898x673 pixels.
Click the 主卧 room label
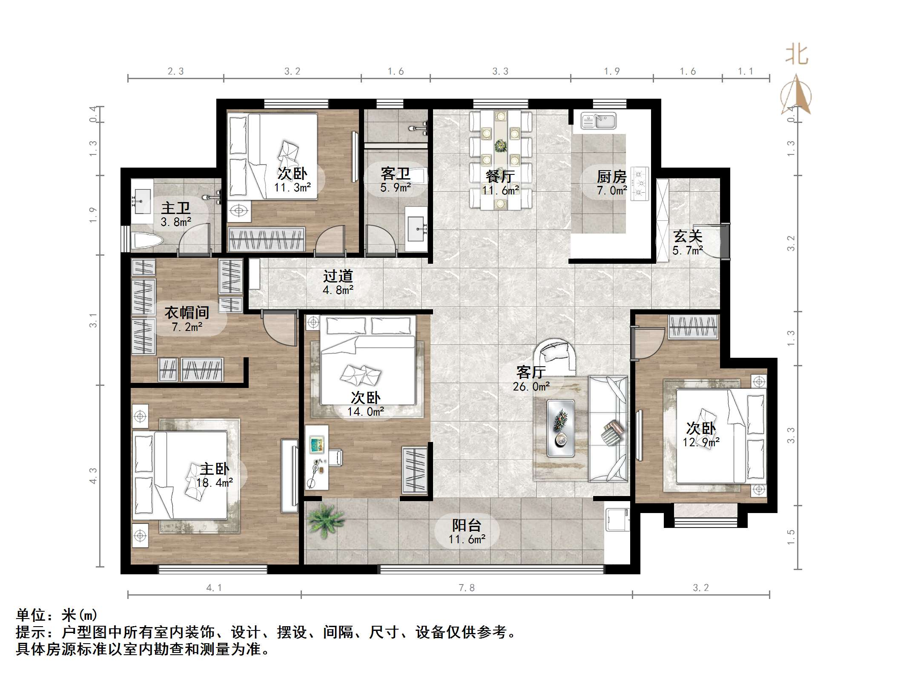[x=214, y=469]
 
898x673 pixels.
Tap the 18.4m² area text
[x=214, y=483]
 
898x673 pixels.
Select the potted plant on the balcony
[x=326, y=519]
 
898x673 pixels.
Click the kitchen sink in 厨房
[x=599, y=121]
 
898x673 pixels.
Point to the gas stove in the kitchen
[x=639, y=184]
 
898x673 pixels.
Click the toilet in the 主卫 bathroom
[x=146, y=241]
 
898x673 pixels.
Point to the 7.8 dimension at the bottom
[x=466, y=588]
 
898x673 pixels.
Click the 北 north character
[x=796, y=56]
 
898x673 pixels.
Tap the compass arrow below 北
[x=796, y=96]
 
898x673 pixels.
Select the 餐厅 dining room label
[x=500, y=176]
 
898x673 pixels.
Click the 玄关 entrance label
[x=688, y=236]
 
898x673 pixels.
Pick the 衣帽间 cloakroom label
[x=186, y=313]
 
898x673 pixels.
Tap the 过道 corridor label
[x=338, y=276]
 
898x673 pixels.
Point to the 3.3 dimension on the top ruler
[x=500, y=71]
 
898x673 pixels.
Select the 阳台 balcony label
[x=466, y=525]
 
